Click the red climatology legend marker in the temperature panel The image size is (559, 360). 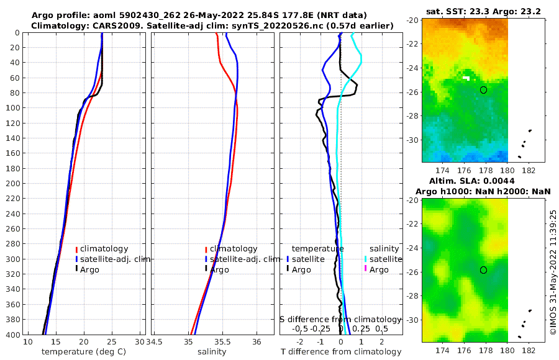tap(77, 249)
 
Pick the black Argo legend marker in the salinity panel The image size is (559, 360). tap(206, 269)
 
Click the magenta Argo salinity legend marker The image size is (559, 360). tap(366, 269)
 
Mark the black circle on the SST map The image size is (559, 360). tap(483, 90)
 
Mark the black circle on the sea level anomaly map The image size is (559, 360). tap(483, 270)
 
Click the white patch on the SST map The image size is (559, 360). tap(466, 78)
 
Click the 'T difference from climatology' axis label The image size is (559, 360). tap(341, 352)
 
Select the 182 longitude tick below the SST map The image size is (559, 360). tap(529, 169)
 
